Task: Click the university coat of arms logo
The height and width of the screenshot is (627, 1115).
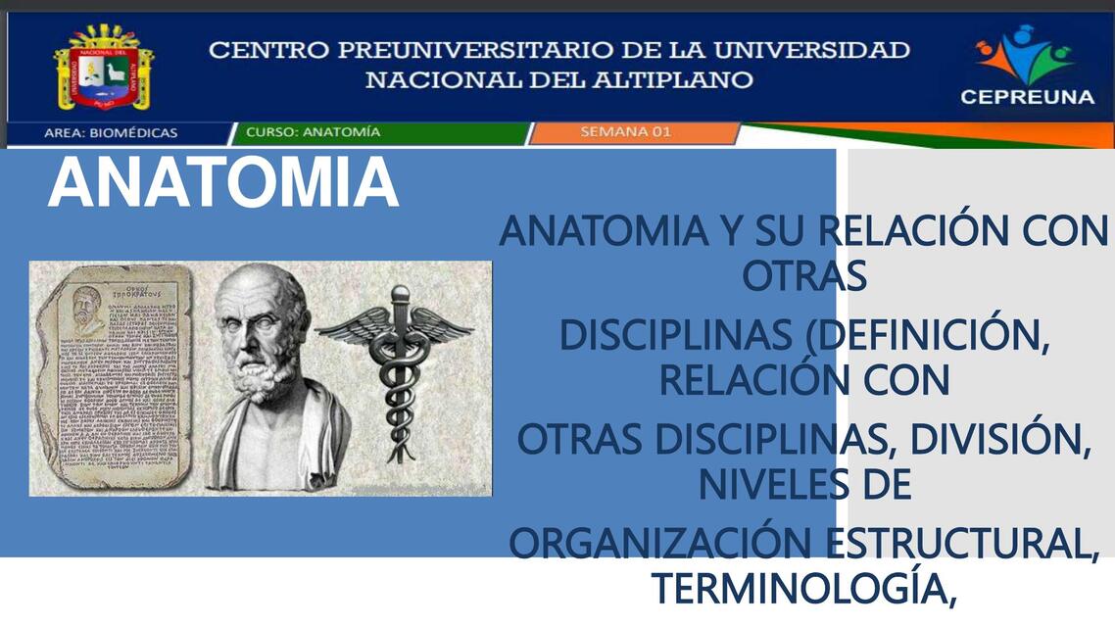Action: click(x=104, y=67)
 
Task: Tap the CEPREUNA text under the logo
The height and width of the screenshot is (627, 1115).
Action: click(x=1027, y=97)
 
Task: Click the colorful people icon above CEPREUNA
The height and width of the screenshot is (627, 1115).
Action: click(x=1025, y=54)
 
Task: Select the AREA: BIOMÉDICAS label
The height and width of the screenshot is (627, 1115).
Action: click(x=111, y=132)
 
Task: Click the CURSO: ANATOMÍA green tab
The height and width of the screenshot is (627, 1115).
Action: click(x=314, y=132)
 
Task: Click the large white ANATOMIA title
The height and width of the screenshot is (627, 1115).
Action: click(x=223, y=183)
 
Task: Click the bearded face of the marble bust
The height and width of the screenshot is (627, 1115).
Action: click(x=262, y=333)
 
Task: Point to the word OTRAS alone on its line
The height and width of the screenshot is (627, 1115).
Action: click(x=803, y=278)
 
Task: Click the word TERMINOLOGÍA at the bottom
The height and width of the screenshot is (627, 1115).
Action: click(x=803, y=588)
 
